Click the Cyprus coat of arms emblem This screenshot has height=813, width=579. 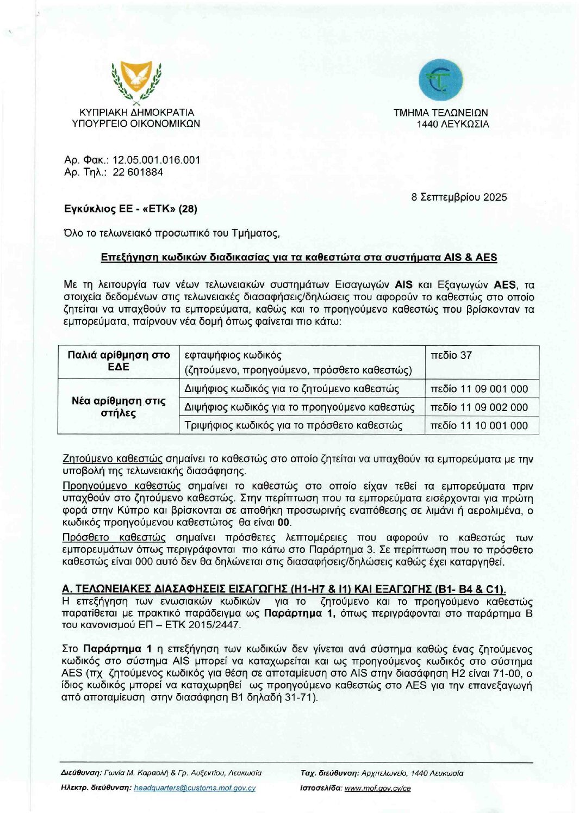click(x=136, y=82)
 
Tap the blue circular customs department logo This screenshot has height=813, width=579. click(x=440, y=80)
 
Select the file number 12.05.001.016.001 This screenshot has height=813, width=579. click(x=156, y=160)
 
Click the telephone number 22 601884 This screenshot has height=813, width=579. click(x=138, y=172)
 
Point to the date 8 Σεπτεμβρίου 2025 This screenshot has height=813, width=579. click(x=459, y=197)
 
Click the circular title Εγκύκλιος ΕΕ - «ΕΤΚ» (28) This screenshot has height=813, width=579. click(x=130, y=209)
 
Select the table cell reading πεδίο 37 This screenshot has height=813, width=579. click(x=451, y=356)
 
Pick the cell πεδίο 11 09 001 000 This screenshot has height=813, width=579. click(x=478, y=389)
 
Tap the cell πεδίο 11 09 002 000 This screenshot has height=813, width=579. click(x=478, y=407)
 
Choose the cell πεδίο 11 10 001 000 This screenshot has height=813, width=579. click(x=478, y=425)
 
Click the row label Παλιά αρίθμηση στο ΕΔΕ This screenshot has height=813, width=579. click(x=119, y=361)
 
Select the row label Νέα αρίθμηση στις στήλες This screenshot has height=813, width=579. click(x=119, y=407)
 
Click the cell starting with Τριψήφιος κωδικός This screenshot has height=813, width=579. click(x=293, y=425)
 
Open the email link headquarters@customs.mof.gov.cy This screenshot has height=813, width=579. click(x=195, y=787)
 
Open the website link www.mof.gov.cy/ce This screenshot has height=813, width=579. click(x=377, y=787)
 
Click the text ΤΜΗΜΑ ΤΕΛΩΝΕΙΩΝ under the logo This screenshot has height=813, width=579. click(x=440, y=113)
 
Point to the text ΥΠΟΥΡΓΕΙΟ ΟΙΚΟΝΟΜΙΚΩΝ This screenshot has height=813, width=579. click(x=136, y=123)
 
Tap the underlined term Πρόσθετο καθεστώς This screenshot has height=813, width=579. click(x=114, y=538)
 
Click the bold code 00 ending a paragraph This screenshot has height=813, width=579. click(x=284, y=523)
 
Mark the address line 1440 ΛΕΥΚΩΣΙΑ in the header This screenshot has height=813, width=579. click(x=452, y=124)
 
